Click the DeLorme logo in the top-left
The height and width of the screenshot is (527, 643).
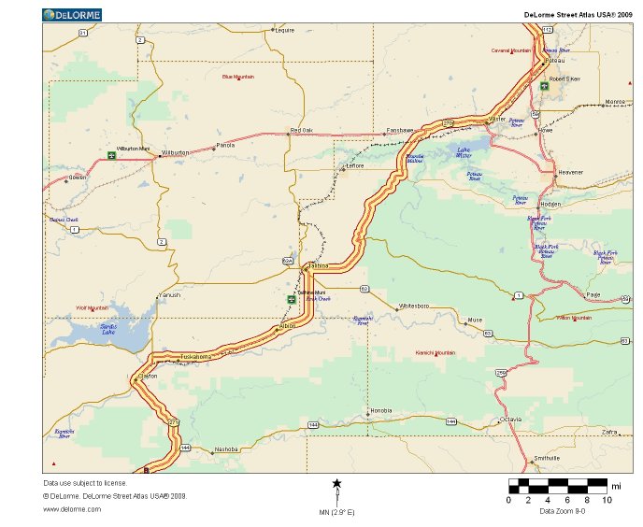click(x=72, y=14)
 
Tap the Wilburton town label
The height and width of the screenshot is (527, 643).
click(x=175, y=151)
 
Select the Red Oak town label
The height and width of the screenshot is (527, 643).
click(x=302, y=130)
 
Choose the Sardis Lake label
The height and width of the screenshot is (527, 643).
click(x=109, y=329)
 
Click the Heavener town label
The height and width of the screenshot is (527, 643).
click(x=570, y=172)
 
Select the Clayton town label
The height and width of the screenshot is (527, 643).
click(x=148, y=375)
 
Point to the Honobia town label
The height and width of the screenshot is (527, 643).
click(x=381, y=411)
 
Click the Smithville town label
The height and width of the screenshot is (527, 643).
click(x=546, y=458)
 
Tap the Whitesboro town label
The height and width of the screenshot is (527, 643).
click(x=414, y=306)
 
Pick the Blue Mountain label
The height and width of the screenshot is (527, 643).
click(x=238, y=77)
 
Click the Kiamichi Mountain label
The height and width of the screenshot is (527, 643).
click(x=435, y=353)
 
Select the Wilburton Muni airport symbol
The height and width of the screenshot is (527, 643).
click(x=111, y=154)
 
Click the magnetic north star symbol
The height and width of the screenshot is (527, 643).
click(x=336, y=483)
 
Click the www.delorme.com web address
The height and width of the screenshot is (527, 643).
click(x=72, y=509)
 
